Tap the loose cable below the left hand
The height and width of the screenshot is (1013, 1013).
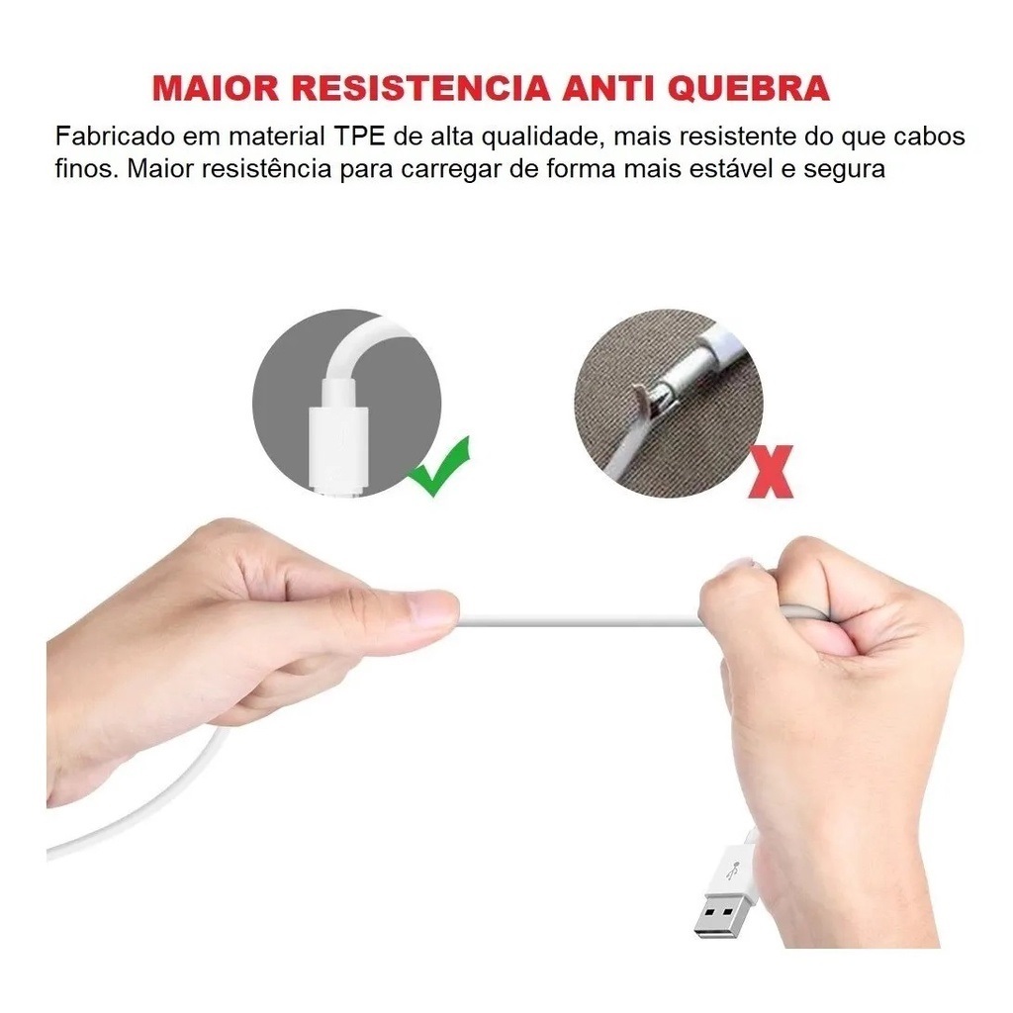[x=158, y=811]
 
